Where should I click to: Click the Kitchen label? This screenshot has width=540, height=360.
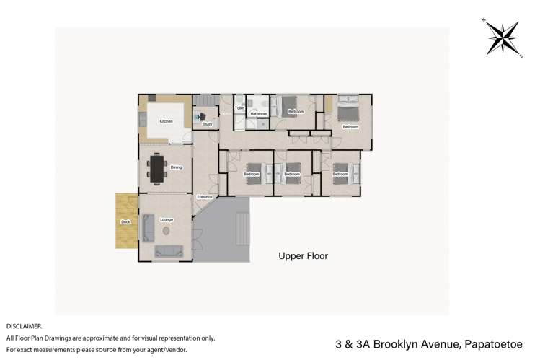(x=164, y=120)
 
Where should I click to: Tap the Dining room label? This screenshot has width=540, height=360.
(x=177, y=167)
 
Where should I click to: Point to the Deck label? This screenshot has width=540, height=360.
(x=125, y=222)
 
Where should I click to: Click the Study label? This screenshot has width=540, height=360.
(x=207, y=124)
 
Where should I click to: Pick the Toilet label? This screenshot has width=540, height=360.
(x=239, y=108)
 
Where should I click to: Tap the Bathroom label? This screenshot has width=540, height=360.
(x=259, y=114)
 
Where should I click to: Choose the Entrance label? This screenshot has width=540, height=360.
(x=204, y=196)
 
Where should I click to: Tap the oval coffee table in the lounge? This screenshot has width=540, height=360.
(x=167, y=231)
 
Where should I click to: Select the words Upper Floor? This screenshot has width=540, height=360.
(x=304, y=255)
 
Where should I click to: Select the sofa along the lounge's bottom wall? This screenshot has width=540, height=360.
(x=169, y=251)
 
